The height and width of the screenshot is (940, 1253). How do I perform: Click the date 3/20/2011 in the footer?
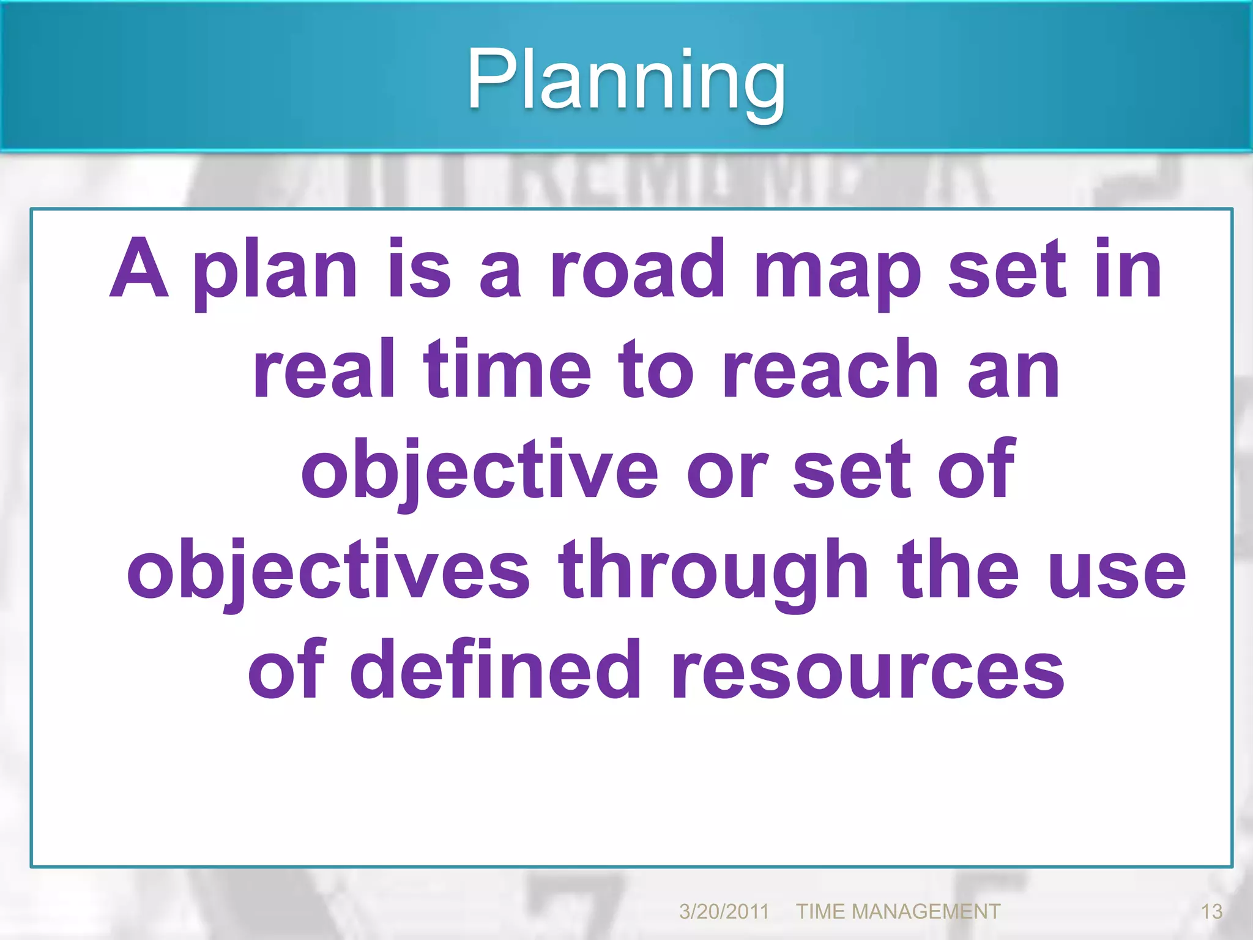click(724, 912)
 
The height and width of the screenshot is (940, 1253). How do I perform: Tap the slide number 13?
click(1211, 912)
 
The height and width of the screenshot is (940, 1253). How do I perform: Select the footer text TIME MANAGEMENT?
click(898, 912)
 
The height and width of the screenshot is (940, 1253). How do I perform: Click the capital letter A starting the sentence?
click(139, 269)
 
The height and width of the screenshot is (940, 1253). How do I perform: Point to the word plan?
click(275, 272)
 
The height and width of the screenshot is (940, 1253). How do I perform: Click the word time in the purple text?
click(507, 370)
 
